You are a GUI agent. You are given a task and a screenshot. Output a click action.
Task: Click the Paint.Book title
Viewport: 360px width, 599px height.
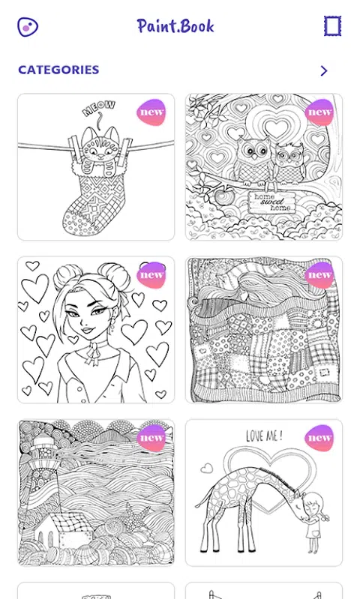(175, 26)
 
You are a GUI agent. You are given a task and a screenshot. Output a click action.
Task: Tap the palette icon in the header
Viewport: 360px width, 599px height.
(28, 27)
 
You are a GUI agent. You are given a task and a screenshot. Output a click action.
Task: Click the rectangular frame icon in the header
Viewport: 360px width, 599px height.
(332, 26)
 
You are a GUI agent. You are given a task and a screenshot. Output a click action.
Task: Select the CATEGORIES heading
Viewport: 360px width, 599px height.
(58, 70)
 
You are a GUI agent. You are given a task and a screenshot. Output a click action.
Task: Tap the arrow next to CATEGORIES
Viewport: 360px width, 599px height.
(324, 70)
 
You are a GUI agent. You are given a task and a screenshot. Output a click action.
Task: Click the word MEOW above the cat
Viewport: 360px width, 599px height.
(98, 108)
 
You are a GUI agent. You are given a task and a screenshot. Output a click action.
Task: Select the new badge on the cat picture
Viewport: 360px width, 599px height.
(151, 112)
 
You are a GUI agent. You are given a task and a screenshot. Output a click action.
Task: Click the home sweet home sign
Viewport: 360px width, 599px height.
(270, 202)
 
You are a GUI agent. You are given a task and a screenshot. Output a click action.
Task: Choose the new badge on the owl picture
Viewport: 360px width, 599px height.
(319, 112)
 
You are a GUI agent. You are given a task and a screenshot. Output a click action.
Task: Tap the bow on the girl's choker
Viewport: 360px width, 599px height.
(91, 354)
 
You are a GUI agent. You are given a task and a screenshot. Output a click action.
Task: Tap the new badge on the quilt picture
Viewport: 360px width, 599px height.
(319, 275)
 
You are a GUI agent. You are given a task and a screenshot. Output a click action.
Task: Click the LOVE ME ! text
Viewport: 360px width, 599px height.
(264, 436)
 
